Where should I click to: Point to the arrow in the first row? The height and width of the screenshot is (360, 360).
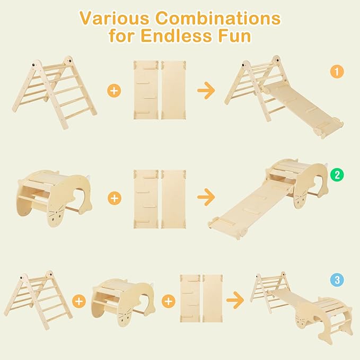(x=206, y=91)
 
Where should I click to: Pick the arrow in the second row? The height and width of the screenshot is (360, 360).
(x=206, y=198)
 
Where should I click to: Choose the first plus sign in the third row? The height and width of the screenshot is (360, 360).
(x=80, y=301)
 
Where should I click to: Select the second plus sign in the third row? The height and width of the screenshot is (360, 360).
(x=169, y=301)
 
